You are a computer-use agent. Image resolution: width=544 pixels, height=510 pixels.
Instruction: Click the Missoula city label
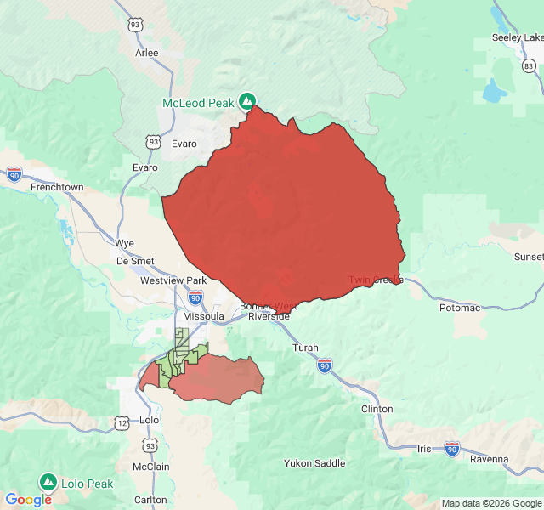203,316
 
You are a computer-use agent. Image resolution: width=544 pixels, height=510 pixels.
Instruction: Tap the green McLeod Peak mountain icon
247,101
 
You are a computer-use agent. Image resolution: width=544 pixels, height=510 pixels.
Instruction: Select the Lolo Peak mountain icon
48,482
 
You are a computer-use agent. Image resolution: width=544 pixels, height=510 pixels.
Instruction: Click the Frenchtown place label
57,186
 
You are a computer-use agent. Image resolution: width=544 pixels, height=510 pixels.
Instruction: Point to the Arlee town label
147,52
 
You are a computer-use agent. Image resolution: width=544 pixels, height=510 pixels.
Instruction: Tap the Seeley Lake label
517,37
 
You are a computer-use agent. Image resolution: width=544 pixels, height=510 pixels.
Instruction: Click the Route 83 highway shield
530,65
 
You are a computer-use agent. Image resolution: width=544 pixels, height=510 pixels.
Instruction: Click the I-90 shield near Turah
325,365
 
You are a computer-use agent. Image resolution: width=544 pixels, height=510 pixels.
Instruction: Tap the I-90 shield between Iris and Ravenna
451,448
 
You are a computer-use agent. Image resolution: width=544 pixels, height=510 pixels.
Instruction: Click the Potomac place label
460,308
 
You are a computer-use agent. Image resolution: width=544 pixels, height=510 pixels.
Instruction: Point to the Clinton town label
377,409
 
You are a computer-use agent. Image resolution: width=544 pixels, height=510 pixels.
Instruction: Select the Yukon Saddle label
314,463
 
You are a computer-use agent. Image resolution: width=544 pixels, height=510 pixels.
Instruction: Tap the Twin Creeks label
376,280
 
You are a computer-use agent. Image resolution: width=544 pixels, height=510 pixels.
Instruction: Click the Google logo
29,500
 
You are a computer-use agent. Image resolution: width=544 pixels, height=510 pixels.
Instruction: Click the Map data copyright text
490,503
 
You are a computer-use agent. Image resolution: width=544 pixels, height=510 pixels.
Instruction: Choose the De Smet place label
135,261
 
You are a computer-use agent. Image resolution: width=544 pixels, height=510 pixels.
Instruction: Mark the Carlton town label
150,500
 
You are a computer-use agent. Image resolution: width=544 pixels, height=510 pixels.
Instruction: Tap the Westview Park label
173,280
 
